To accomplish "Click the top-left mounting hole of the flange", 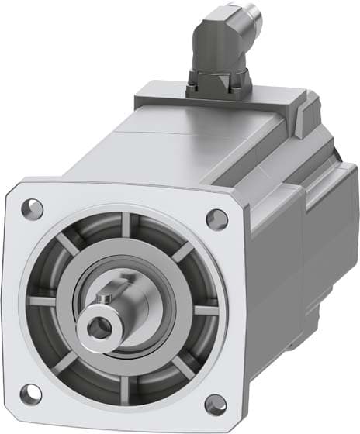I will pyautogui.click(x=32, y=207).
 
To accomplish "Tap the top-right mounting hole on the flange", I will pyautogui.click(x=217, y=219).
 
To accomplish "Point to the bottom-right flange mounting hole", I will pyautogui.click(x=215, y=404).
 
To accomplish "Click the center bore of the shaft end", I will pyautogui.click(x=98, y=329).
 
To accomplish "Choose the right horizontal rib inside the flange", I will pyautogui.click(x=203, y=309).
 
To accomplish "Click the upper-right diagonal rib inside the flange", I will pyautogui.click(x=183, y=252).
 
